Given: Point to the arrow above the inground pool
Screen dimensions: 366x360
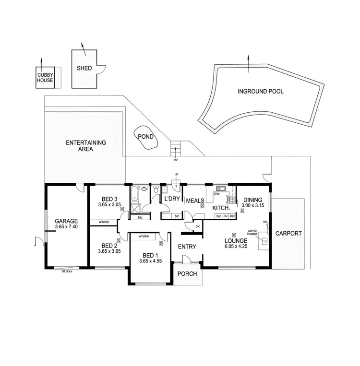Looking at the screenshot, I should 249,63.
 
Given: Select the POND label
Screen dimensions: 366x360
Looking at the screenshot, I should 145,136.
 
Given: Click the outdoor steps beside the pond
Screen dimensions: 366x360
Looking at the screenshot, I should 177,148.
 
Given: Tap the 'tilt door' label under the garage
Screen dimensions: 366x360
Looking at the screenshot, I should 67,271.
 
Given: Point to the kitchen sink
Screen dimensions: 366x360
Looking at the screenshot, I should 220,189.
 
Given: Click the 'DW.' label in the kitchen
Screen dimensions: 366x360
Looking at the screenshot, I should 216,194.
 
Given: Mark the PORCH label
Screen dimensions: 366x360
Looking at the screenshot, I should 187,273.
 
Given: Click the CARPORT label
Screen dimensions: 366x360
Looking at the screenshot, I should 288,234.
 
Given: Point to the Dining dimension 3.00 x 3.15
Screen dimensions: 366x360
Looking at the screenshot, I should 253,206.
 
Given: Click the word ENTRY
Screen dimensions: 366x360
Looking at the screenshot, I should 187,246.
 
